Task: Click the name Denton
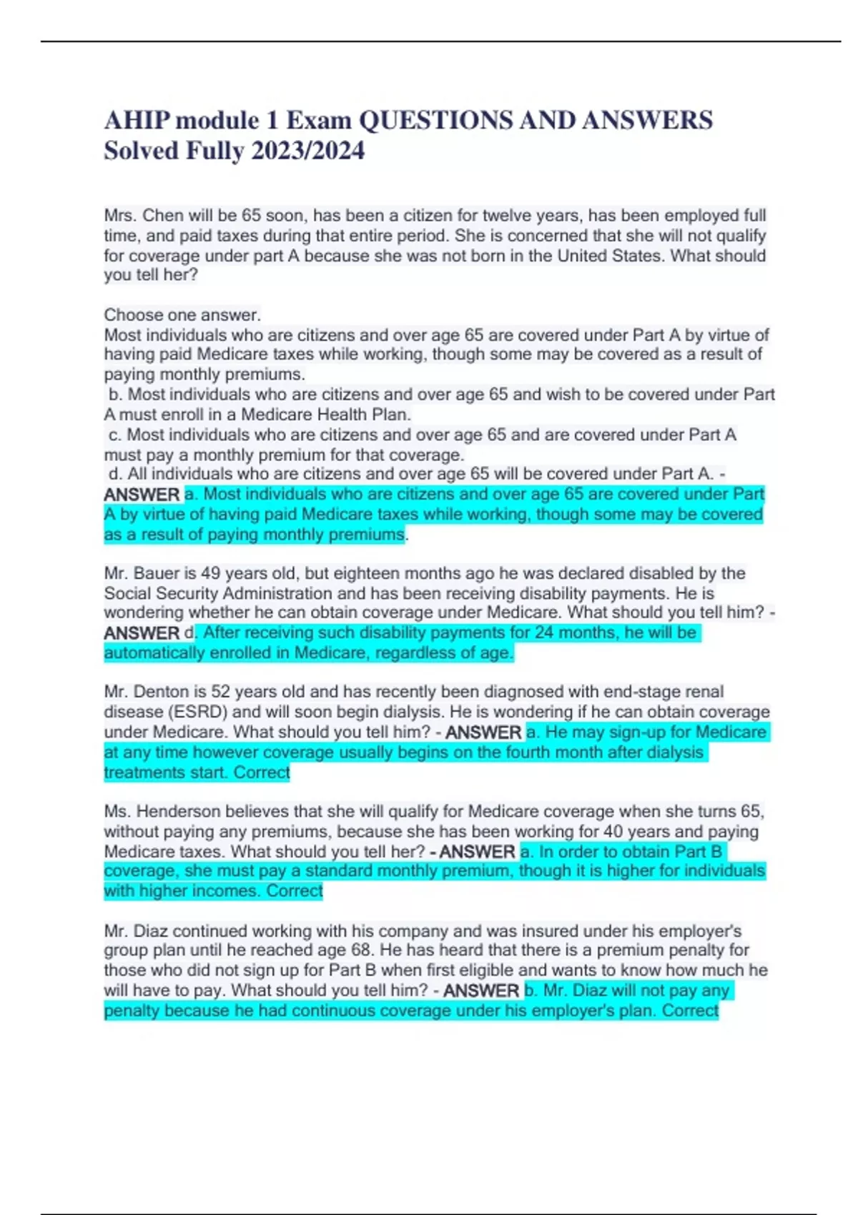click(161, 692)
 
